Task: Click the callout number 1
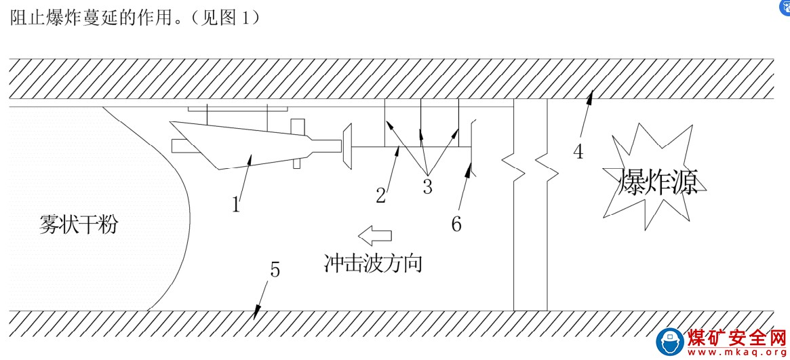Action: pyautogui.click(x=236, y=203)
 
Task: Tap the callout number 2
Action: pyautogui.click(x=381, y=195)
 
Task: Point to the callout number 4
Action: pyautogui.click(x=578, y=152)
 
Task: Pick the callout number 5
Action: pyautogui.click(x=275, y=269)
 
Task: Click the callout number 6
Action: pyautogui.click(x=456, y=224)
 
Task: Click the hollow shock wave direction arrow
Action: pyautogui.click(x=375, y=235)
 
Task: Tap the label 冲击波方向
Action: pyautogui.click(x=374, y=262)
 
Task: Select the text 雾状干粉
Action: pyautogui.click(x=78, y=224)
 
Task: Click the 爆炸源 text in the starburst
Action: pyautogui.click(x=658, y=182)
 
